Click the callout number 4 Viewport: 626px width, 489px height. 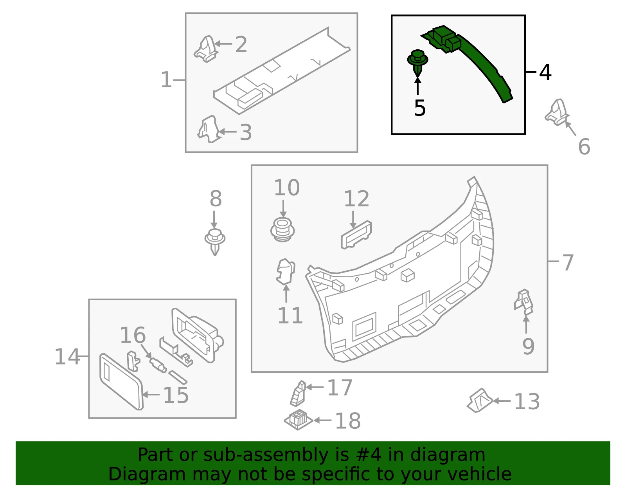[545, 72]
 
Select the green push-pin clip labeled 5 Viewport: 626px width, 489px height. [417, 63]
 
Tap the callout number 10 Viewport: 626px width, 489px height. [287, 188]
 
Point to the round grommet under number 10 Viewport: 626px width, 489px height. [282, 230]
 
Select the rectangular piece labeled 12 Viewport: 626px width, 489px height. [356, 235]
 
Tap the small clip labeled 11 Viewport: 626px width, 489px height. [286, 271]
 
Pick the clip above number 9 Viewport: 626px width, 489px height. [524, 302]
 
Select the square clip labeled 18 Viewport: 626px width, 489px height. [298, 420]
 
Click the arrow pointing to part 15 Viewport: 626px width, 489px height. [151, 395]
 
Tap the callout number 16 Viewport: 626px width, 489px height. [133, 335]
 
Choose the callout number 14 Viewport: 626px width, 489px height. [67, 357]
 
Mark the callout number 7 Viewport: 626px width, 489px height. [568, 263]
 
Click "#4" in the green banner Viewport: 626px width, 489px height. [369, 455]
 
